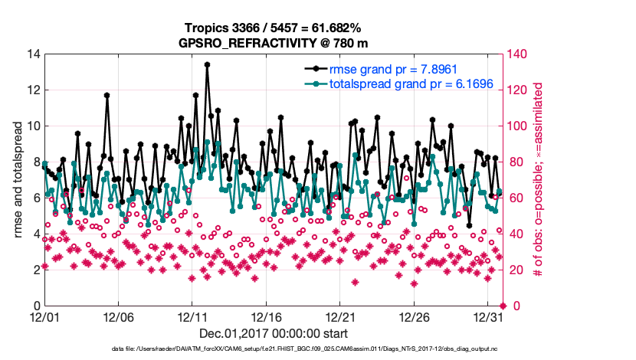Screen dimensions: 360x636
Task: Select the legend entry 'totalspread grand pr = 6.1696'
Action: point(411,83)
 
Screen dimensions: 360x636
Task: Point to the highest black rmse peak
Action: point(207,65)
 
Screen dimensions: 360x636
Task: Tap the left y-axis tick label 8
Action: point(34,162)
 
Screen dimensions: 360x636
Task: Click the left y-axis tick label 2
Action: point(34,270)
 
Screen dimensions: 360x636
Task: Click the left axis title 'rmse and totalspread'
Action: point(17,180)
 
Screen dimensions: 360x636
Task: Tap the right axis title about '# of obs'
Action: point(538,180)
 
